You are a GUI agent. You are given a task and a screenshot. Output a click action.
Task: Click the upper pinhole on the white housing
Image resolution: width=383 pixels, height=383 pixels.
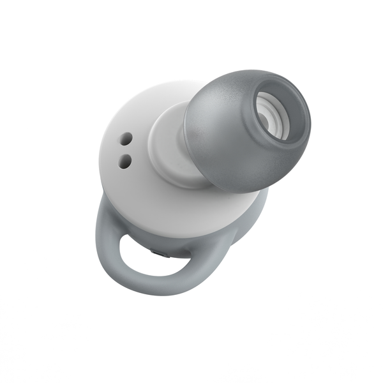coord(126,137)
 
